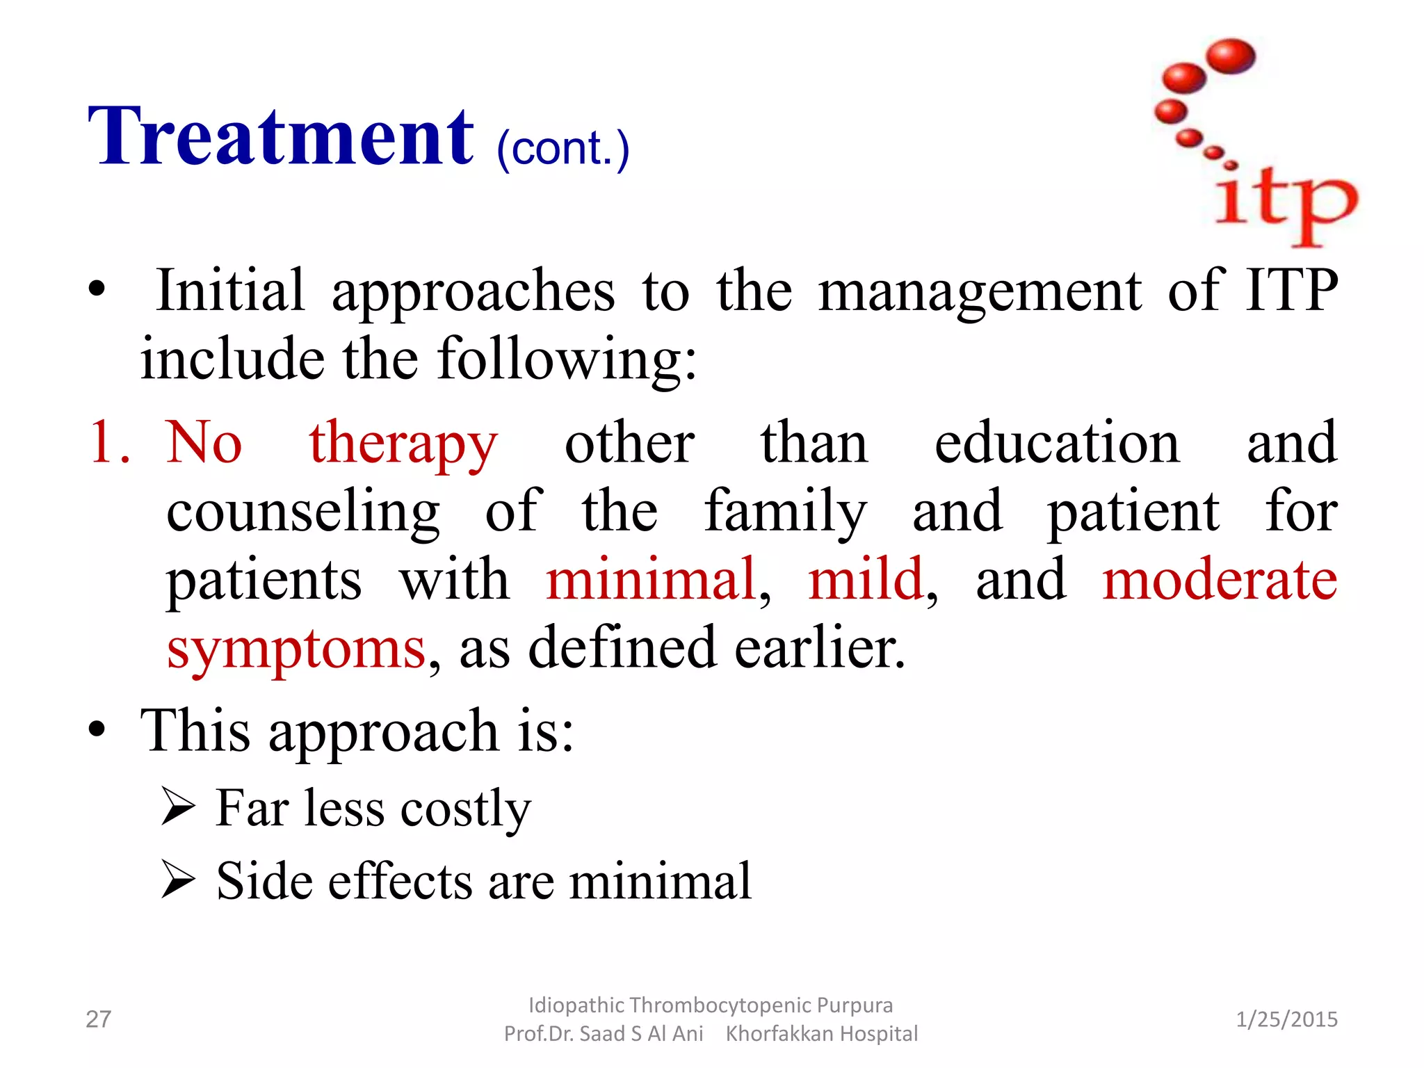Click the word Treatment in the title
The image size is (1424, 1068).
tap(281, 136)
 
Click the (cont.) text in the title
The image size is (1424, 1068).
tap(563, 148)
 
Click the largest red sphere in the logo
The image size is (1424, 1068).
tap(1231, 56)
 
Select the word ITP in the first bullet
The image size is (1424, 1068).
tap(1291, 290)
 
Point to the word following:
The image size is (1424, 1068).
tap(566, 359)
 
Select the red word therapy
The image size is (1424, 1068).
tap(403, 445)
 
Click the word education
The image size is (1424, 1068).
tap(1057, 443)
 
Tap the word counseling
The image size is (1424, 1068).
tap(303, 513)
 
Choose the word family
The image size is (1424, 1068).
tap(785, 513)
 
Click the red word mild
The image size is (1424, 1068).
tap(865, 579)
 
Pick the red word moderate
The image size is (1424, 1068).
tap(1220, 579)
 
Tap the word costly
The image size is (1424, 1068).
tap(465, 810)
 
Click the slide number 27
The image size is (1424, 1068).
tap(98, 1019)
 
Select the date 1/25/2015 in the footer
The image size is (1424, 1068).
tap(1286, 1019)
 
